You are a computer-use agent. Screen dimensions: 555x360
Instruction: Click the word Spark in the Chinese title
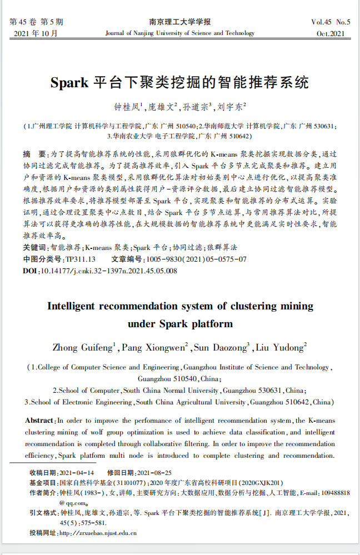pyautogui.click(x=69, y=83)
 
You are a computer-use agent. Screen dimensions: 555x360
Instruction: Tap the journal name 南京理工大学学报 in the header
pyautogui.click(x=180, y=22)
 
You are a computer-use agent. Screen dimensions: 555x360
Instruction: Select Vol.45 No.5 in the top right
pyautogui.click(x=331, y=22)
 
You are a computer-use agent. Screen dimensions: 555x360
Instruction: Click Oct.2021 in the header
pyautogui.click(x=331, y=33)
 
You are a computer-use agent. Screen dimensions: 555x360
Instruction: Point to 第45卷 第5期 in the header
pyautogui.click(x=37, y=22)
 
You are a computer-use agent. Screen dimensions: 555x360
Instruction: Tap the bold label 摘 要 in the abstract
pyautogui.click(x=34, y=153)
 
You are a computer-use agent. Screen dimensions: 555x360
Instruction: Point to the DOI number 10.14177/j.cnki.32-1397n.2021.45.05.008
pyautogui.click(x=109, y=271)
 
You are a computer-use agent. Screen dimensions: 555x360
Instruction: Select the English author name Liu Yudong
pyautogui.click(x=280, y=348)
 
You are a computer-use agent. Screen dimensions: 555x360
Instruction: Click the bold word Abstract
pyautogui.click(x=40, y=421)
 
